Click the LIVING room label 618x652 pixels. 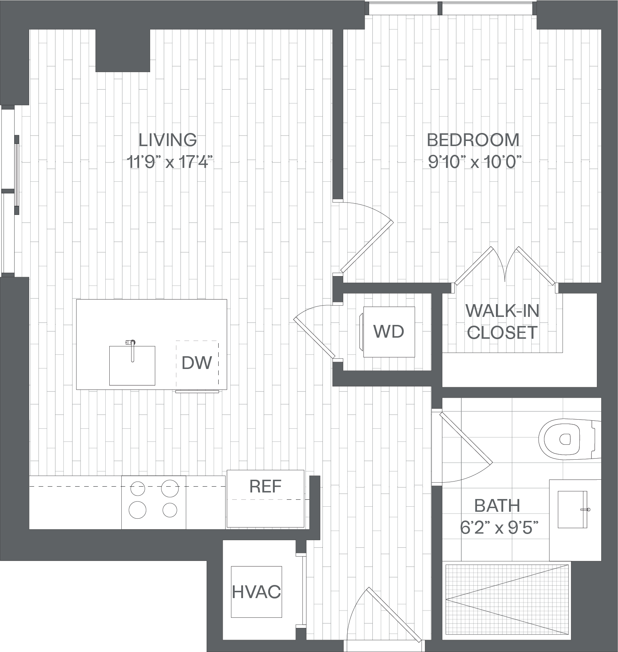point(168,140)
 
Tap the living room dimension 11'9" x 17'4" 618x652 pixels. point(169,162)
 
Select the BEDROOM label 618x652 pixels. point(473,140)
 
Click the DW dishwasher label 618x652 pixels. point(197,362)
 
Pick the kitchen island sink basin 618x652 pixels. point(132,365)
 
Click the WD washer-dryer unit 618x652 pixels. point(389,331)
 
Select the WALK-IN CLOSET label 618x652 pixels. point(502,321)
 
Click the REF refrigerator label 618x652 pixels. point(265,486)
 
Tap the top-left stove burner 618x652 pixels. point(137,488)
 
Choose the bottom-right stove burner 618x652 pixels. point(170,510)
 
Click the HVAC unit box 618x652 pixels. point(257,592)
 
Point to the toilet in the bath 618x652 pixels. point(570,439)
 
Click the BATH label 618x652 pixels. point(497,506)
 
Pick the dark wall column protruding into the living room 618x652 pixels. point(123,51)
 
